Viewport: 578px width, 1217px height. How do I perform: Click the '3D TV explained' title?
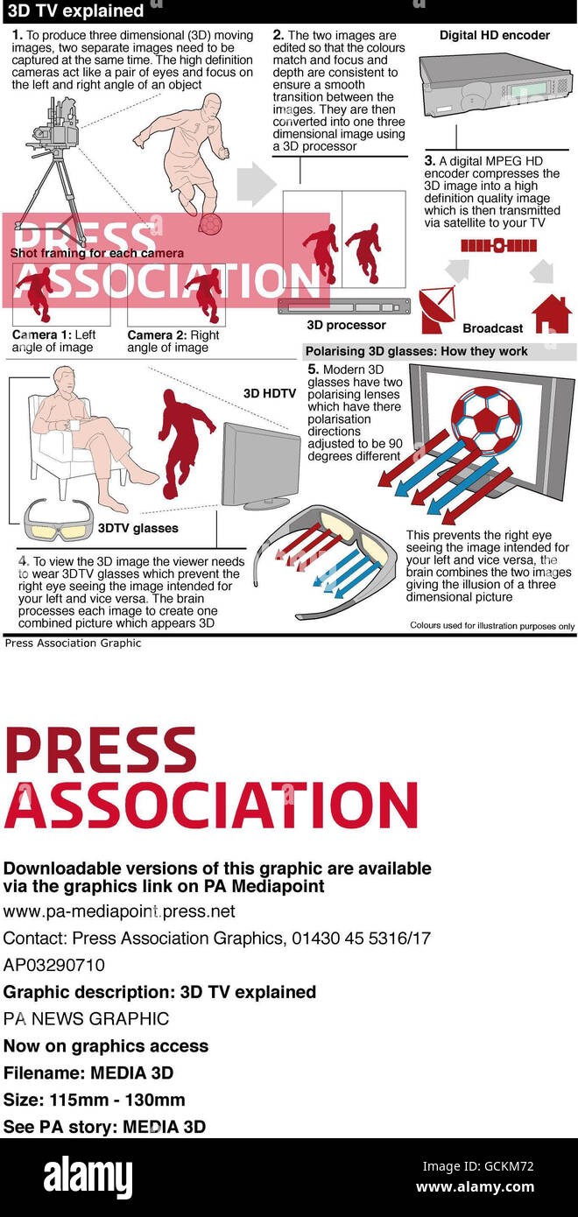point(75,11)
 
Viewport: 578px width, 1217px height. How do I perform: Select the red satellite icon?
point(498,245)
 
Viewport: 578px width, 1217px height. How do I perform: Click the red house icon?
point(552,314)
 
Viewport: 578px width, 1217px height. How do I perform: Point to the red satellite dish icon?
point(437,311)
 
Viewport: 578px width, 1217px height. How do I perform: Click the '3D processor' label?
point(346,325)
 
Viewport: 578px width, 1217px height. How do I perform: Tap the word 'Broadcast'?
point(493,328)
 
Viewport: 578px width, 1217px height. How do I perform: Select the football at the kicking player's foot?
point(210,223)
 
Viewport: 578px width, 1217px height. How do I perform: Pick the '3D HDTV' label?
point(270,393)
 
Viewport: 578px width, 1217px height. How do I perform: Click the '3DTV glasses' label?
point(138,528)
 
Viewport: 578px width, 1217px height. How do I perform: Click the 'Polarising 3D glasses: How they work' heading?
point(416,351)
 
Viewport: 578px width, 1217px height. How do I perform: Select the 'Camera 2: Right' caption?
point(173,334)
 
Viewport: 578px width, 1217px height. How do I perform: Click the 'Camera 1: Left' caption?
point(53,334)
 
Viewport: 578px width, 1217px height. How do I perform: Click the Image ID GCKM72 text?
point(478,1166)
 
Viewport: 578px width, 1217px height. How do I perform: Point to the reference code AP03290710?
point(53,965)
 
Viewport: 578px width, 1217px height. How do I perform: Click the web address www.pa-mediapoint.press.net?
point(119,911)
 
